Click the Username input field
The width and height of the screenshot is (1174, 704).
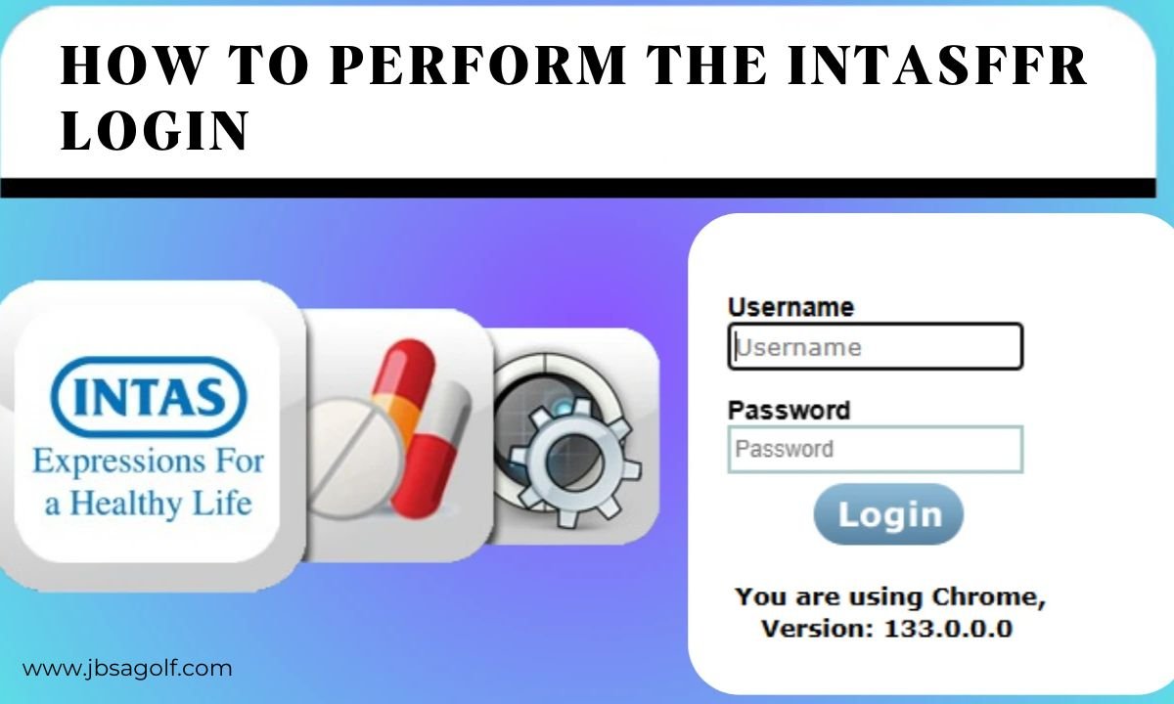(x=876, y=346)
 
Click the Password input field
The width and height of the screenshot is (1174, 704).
(x=876, y=450)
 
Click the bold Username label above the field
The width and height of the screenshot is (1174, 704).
(x=790, y=307)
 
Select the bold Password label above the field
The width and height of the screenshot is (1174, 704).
(x=789, y=410)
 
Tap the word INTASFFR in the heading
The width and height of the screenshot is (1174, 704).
(x=936, y=66)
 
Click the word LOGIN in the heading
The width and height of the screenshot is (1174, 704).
(x=155, y=130)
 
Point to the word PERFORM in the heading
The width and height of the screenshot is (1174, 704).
(x=477, y=66)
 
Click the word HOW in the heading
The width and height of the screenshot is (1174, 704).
(x=131, y=66)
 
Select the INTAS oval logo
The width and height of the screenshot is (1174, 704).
(x=149, y=397)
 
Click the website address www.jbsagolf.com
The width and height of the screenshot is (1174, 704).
(x=127, y=669)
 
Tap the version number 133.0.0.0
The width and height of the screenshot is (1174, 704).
(x=948, y=629)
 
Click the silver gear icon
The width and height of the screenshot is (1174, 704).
(x=575, y=461)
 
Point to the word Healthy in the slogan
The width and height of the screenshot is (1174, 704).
(x=127, y=504)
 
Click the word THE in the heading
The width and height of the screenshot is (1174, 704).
(x=706, y=66)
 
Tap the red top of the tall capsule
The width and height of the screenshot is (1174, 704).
(x=406, y=370)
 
